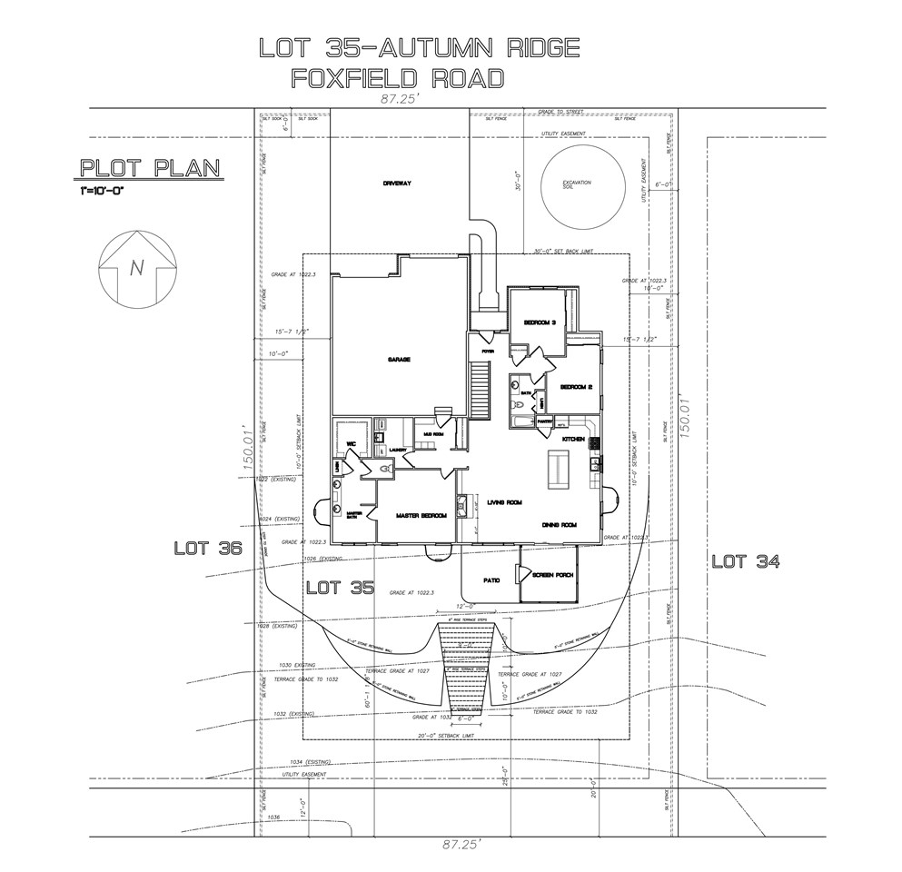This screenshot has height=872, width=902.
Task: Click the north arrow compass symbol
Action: (137, 269)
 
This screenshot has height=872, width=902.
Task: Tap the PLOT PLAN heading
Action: (151, 169)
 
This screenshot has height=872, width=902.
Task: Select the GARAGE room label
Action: (400, 360)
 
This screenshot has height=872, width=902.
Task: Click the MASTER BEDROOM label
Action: (421, 516)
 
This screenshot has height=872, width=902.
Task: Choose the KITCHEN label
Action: (572, 440)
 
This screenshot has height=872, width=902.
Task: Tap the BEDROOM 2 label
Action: (576, 387)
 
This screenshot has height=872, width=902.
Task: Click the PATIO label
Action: (492, 580)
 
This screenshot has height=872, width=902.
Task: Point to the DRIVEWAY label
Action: (397, 183)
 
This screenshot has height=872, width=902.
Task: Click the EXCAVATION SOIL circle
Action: (578, 186)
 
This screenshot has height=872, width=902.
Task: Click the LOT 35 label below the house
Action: (340, 587)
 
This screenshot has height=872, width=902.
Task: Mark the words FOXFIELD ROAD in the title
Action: (397, 79)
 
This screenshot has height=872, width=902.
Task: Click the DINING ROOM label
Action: (560, 525)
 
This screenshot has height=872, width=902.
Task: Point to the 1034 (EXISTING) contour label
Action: (310, 761)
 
